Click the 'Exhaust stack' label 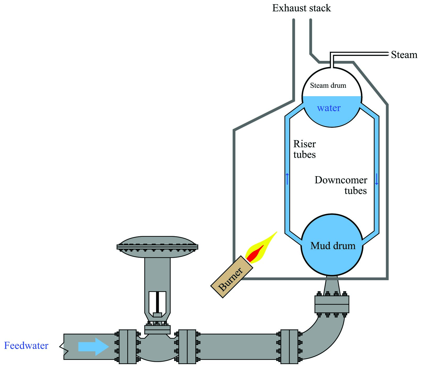pos(301,8)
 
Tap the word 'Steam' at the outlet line pos(404,55)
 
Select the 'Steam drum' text pos(328,85)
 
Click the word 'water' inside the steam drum pos(329,108)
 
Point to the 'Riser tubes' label pos(305,149)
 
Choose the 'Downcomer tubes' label pos(341,185)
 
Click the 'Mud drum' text pos(333,246)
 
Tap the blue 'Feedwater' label pos(26,346)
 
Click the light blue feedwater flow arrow pos(93,347)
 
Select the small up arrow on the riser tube pos(287,179)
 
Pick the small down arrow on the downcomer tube pos(377,179)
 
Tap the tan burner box pos(232,277)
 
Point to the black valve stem pos(157,302)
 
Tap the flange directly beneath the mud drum pos(332,304)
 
